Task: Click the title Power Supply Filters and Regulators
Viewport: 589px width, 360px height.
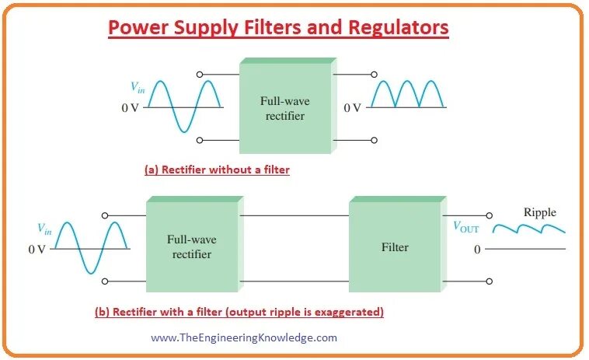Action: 278,28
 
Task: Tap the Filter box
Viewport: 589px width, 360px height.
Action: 393,247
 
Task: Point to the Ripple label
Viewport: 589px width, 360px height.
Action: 539,212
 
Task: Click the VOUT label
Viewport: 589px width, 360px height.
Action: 466,228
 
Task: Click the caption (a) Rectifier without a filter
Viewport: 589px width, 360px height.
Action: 217,169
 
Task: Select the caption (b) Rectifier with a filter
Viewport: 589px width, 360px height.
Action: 239,312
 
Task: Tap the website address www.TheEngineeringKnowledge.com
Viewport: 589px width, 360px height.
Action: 244,337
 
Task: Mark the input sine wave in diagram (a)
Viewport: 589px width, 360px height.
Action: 184,106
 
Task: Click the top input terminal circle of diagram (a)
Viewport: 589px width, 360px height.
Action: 200,75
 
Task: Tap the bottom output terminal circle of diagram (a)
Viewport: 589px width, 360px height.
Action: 374,140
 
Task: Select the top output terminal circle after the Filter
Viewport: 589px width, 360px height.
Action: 489,215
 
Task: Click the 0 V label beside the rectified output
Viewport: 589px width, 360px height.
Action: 353,108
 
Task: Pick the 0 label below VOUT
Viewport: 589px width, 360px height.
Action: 477,250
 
